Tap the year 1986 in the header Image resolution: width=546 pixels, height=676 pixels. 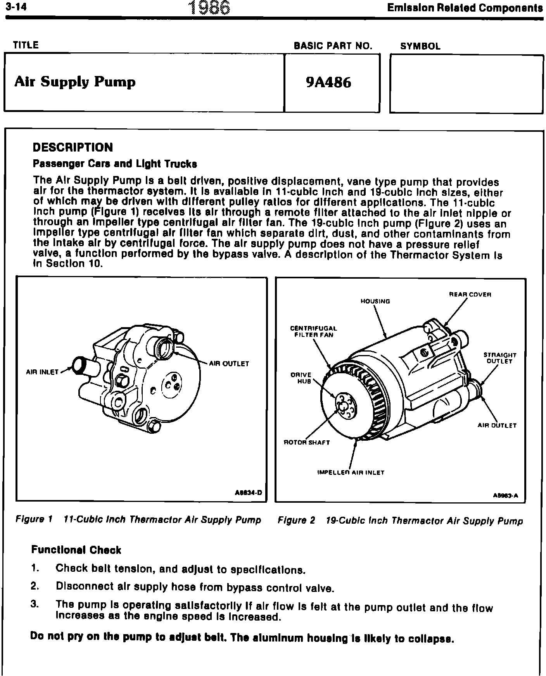click(x=209, y=8)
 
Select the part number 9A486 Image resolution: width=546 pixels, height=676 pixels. click(x=328, y=83)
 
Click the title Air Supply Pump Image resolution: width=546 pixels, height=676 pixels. click(x=75, y=82)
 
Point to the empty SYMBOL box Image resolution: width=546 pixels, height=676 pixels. click(x=466, y=84)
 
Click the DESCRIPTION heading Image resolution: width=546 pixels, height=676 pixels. click(x=73, y=147)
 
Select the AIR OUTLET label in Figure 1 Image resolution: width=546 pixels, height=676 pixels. click(x=229, y=364)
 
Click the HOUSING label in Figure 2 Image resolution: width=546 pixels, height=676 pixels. click(x=375, y=301)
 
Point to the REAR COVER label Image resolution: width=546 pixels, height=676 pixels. click(x=470, y=295)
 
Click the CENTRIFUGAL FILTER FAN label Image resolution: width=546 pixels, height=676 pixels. click(x=314, y=332)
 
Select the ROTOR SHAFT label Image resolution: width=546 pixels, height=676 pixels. click(x=307, y=442)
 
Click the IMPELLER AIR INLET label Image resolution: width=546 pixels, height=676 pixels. click(x=351, y=473)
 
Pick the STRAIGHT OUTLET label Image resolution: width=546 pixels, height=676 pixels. click(x=499, y=358)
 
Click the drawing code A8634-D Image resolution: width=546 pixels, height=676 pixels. click(x=249, y=493)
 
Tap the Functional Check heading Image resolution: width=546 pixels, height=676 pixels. click(x=76, y=550)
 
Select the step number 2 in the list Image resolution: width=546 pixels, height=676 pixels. click(x=35, y=586)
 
